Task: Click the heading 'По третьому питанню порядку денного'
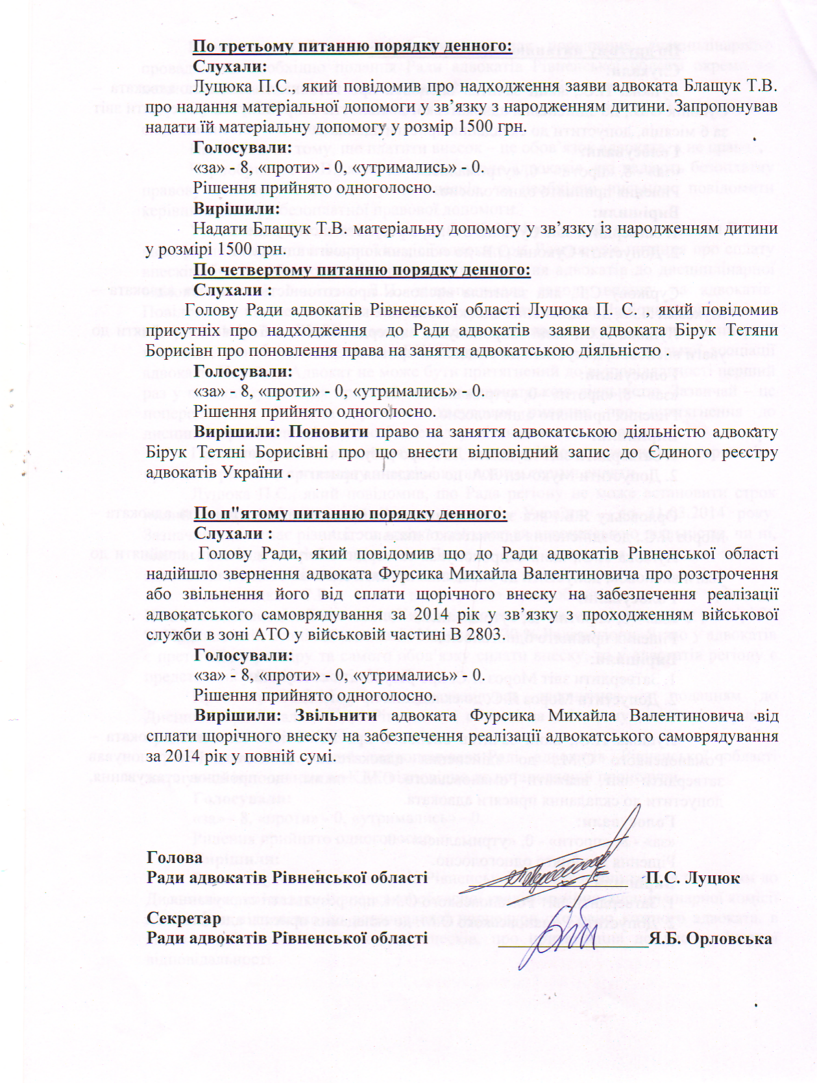click(x=352, y=46)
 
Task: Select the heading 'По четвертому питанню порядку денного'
click(x=361, y=269)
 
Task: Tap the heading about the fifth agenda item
click(x=350, y=513)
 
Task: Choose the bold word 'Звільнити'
click(x=336, y=716)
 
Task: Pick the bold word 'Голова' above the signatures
click(x=175, y=858)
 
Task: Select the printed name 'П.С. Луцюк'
click(x=692, y=878)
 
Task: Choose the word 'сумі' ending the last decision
click(x=318, y=756)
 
